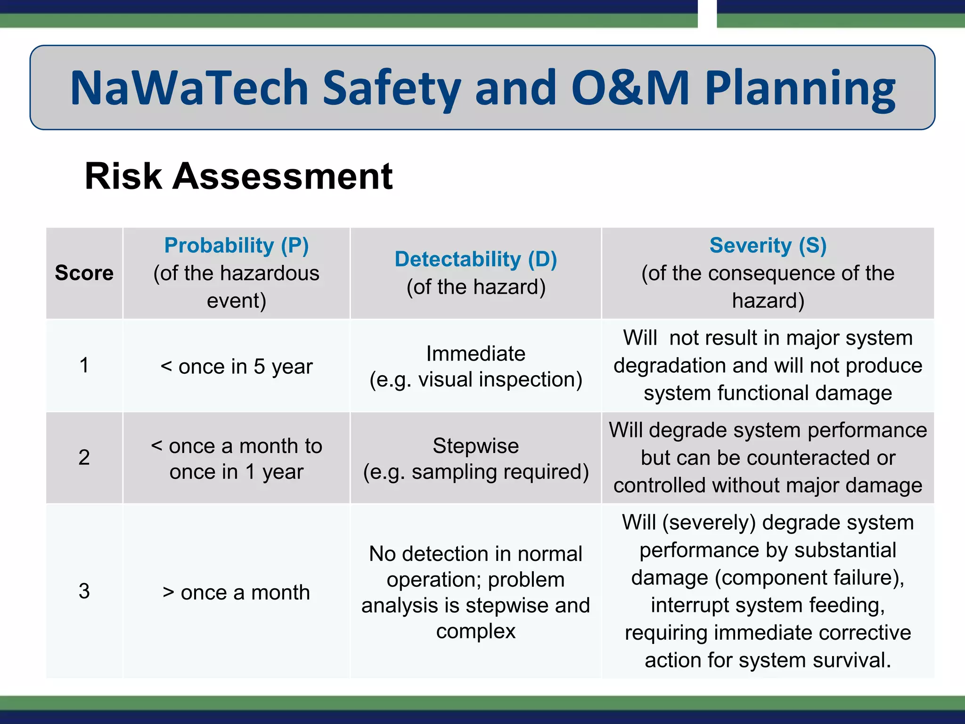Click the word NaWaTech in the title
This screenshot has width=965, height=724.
(x=189, y=88)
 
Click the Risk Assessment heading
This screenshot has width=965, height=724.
(x=238, y=176)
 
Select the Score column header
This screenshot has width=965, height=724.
(x=84, y=273)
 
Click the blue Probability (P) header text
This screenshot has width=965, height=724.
(x=237, y=246)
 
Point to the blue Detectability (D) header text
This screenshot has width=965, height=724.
(x=476, y=259)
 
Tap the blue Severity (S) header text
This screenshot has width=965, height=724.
(x=768, y=246)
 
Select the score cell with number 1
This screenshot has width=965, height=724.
(x=84, y=365)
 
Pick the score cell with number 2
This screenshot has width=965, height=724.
(x=84, y=457)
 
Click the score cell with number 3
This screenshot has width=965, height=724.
(x=84, y=591)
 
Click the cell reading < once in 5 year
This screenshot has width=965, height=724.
(x=237, y=367)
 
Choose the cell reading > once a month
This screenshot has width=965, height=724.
(x=237, y=592)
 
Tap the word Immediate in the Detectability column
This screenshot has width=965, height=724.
(x=476, y=354)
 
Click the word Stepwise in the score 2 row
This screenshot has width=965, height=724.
(x=476, y=446)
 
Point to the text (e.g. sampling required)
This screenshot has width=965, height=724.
(x=476, y=472)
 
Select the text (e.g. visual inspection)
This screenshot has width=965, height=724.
(x=476, y=380)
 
